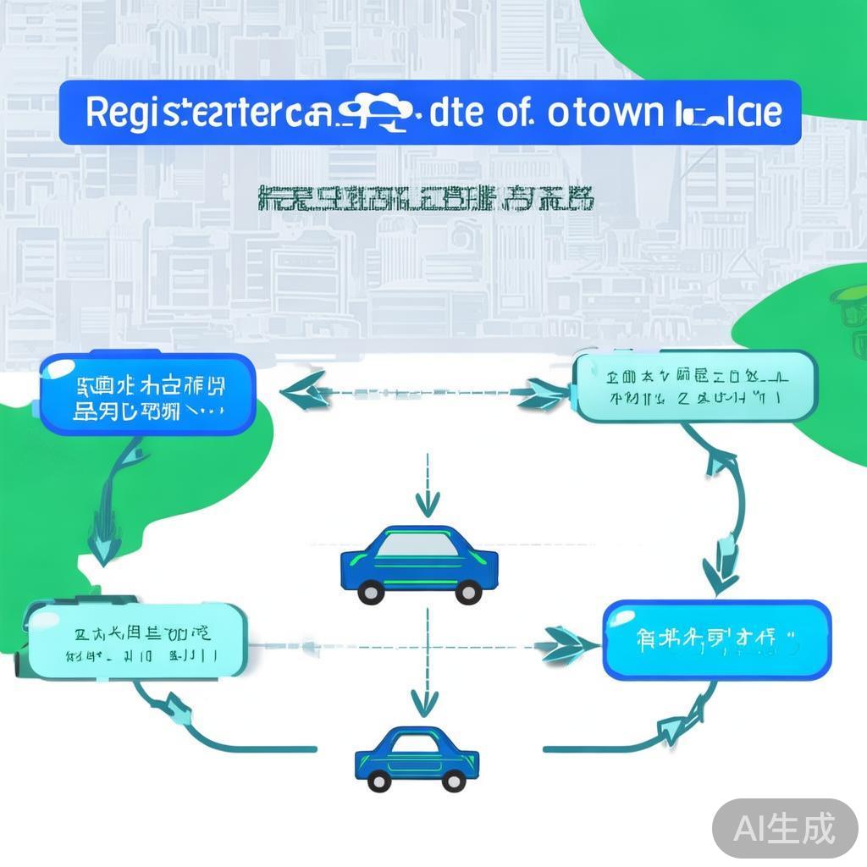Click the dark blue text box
pos(146,395)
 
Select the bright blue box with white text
pos(716,639)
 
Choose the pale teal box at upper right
pos(695,386)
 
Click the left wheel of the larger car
pos(371,592)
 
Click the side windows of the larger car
pos(418,546)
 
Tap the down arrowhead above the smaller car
pos(422,702)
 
